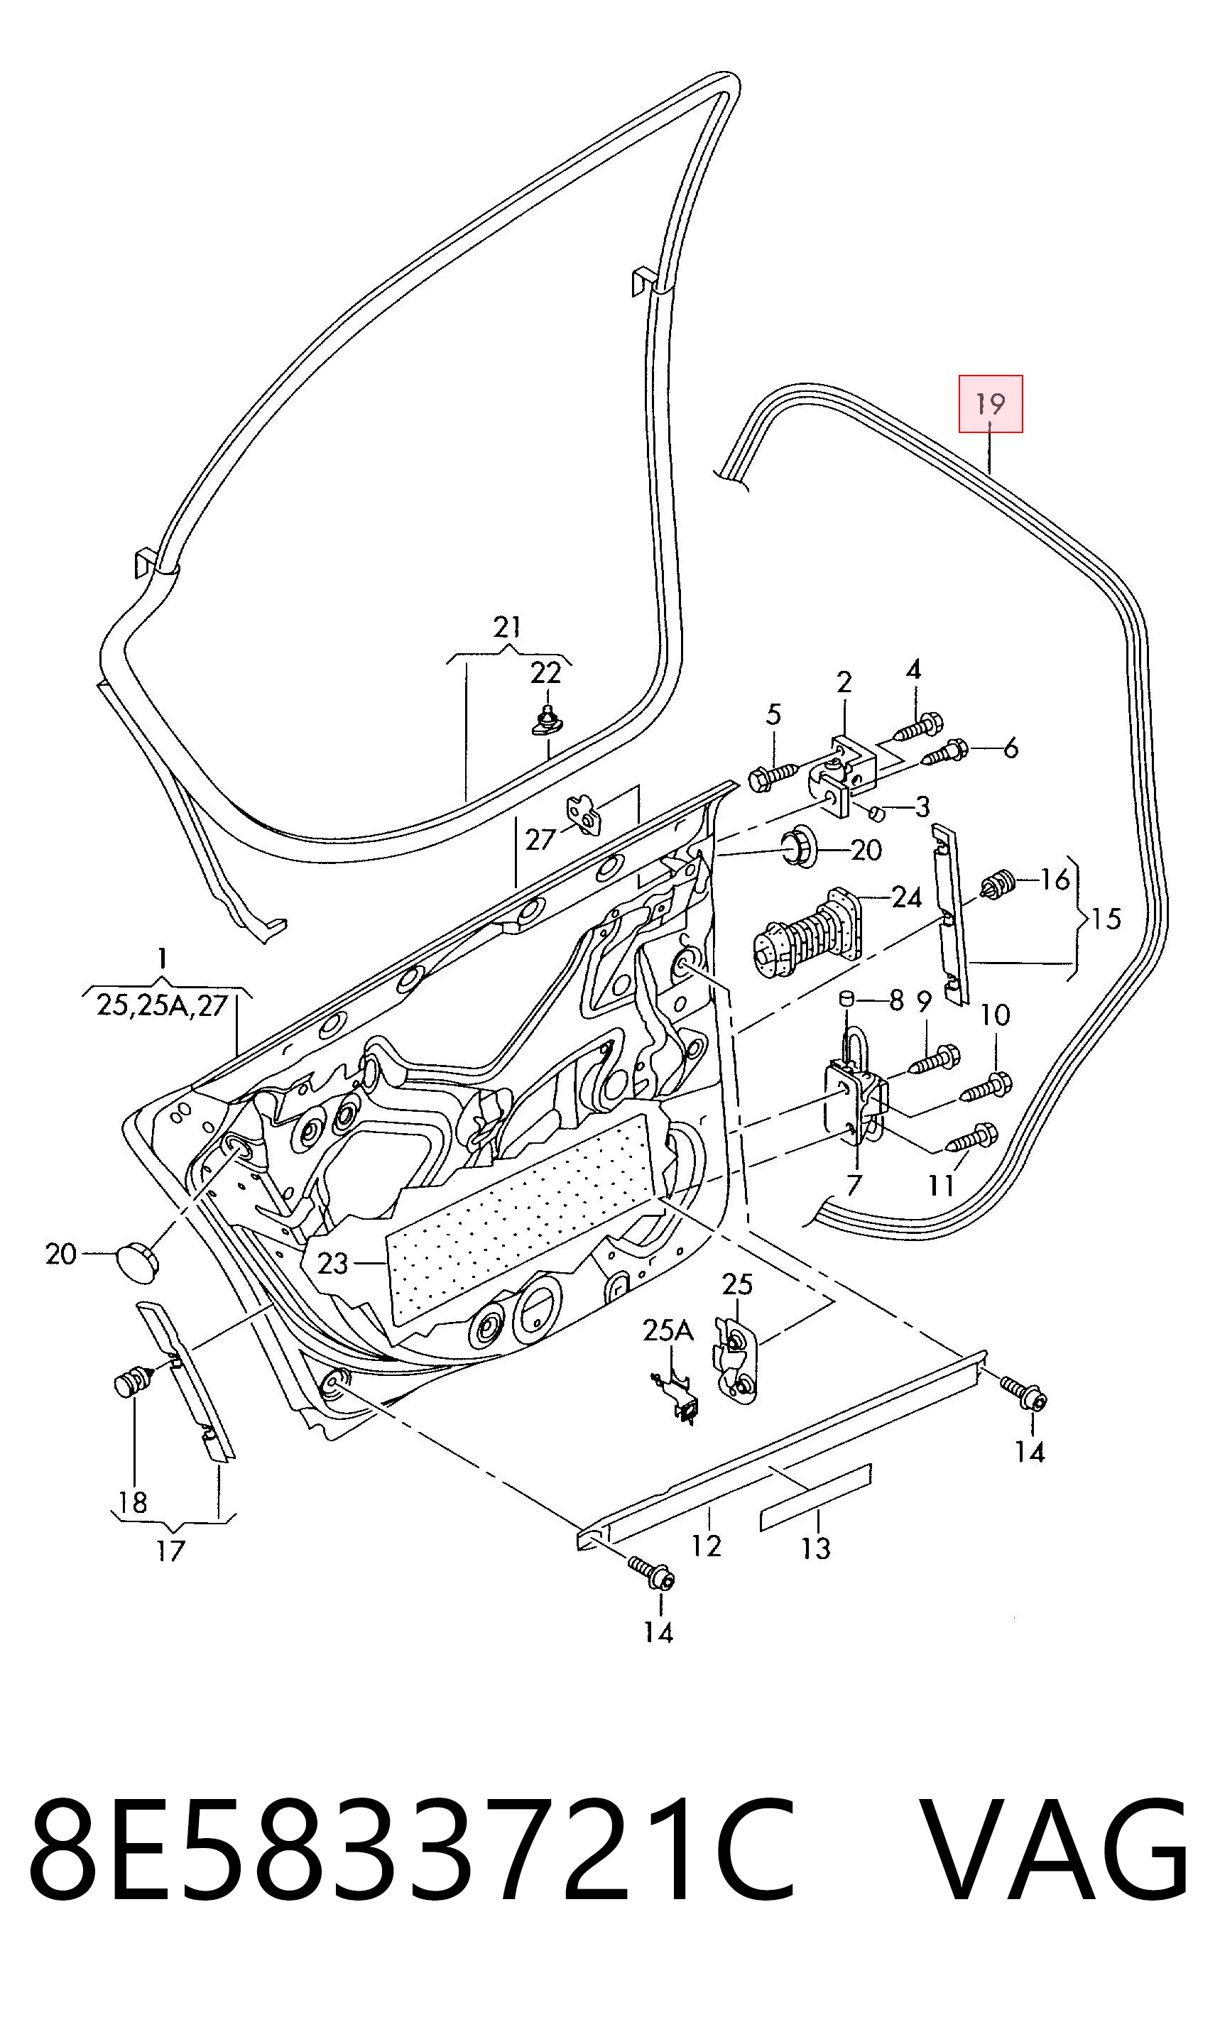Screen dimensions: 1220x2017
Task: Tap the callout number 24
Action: point(905,898)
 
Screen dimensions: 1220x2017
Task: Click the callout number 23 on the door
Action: point(332,1264)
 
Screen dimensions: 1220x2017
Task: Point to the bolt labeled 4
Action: point(919,727)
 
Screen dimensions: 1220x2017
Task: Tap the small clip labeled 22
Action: point(546,719)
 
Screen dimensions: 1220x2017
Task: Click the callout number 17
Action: point(170,1551)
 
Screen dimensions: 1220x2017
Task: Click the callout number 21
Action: point(508,627)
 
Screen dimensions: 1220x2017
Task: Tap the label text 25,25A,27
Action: point(161,1005)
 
